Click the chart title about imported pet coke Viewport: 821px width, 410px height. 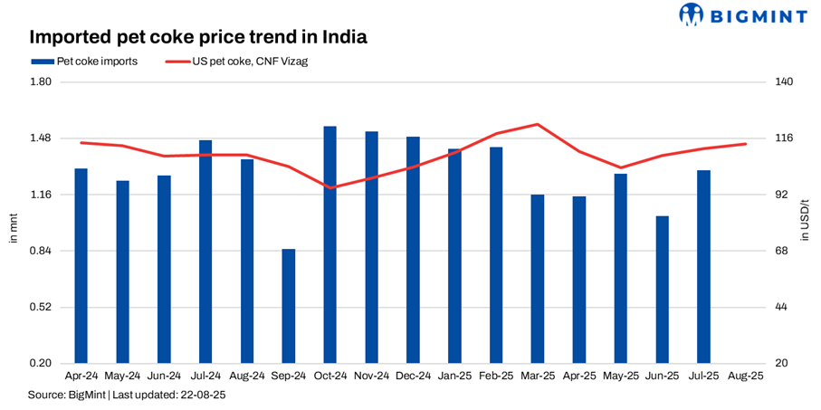coord(198,38)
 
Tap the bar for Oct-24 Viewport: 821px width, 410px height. coord(330,244)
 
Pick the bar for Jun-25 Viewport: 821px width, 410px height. coord(662,290)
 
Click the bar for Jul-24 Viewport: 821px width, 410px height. coord(205,252)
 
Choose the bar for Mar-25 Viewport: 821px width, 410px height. coord(538,279)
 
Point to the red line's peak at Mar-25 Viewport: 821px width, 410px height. coord(538,124)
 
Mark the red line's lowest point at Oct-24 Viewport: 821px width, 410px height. coord(330,187)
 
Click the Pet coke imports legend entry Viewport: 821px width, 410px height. coord(85,62)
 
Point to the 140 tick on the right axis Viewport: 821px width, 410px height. coord(785,82)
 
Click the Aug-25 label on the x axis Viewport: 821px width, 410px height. coord(745,375)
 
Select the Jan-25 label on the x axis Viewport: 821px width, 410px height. coord(454,375)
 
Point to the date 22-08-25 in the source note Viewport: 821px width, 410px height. coord(204,396)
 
